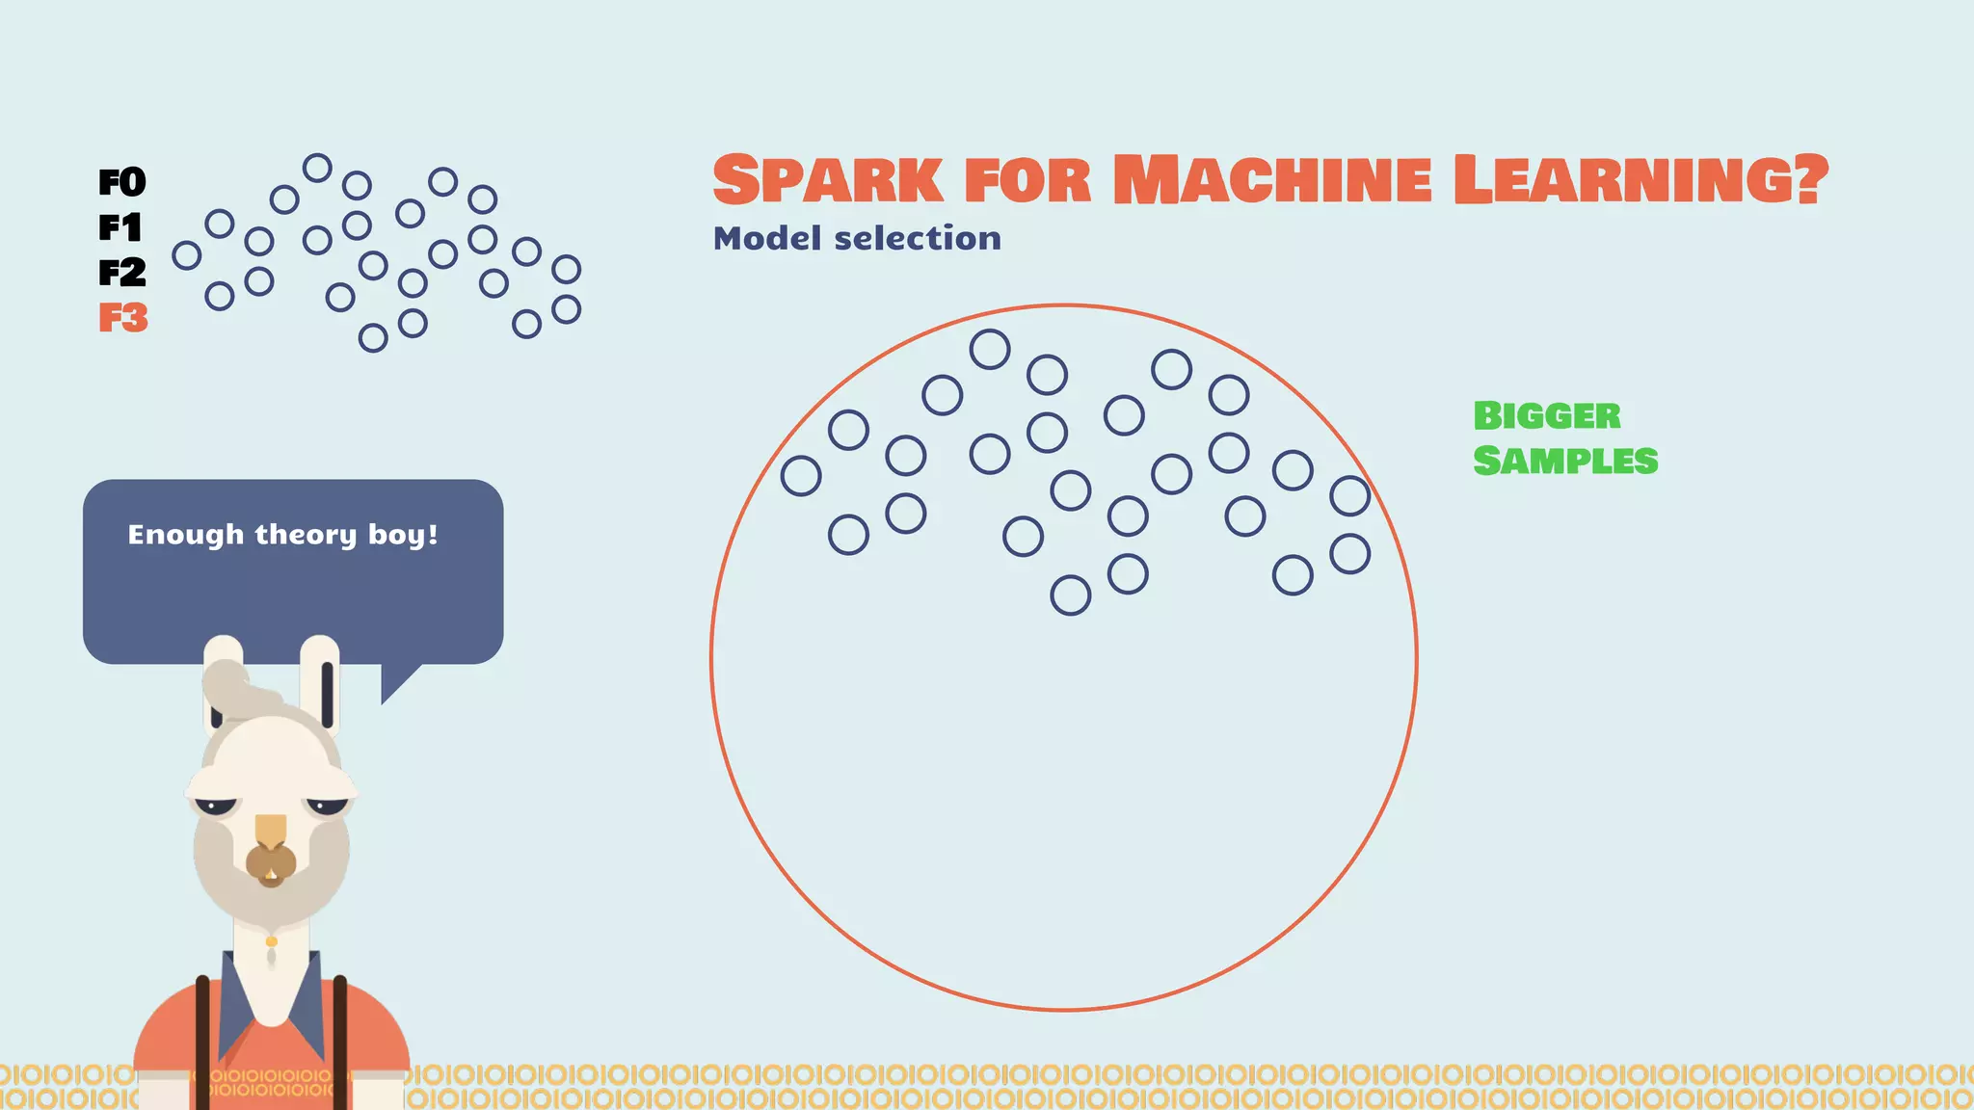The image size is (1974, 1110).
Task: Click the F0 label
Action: [122, 182]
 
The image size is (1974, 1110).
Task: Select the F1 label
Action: [120, 227]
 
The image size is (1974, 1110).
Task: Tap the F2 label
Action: [122, 273]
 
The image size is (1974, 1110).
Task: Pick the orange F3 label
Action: [123, 318]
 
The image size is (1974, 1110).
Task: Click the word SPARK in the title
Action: [827, 180]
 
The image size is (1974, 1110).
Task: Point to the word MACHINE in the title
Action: [1272, 180]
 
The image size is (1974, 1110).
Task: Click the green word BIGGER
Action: [1547, 416]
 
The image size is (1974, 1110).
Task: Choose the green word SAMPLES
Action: [1565, 461]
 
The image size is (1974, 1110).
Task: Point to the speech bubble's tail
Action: [396, 683]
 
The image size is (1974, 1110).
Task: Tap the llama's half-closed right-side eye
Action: [327, 805]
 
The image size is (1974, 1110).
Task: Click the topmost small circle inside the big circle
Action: [990, 349]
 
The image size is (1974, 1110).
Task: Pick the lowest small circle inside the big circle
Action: [1070, 595]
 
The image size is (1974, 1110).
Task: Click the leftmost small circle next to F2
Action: [186, 255]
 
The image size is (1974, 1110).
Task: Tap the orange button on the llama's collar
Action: [272, 941]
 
